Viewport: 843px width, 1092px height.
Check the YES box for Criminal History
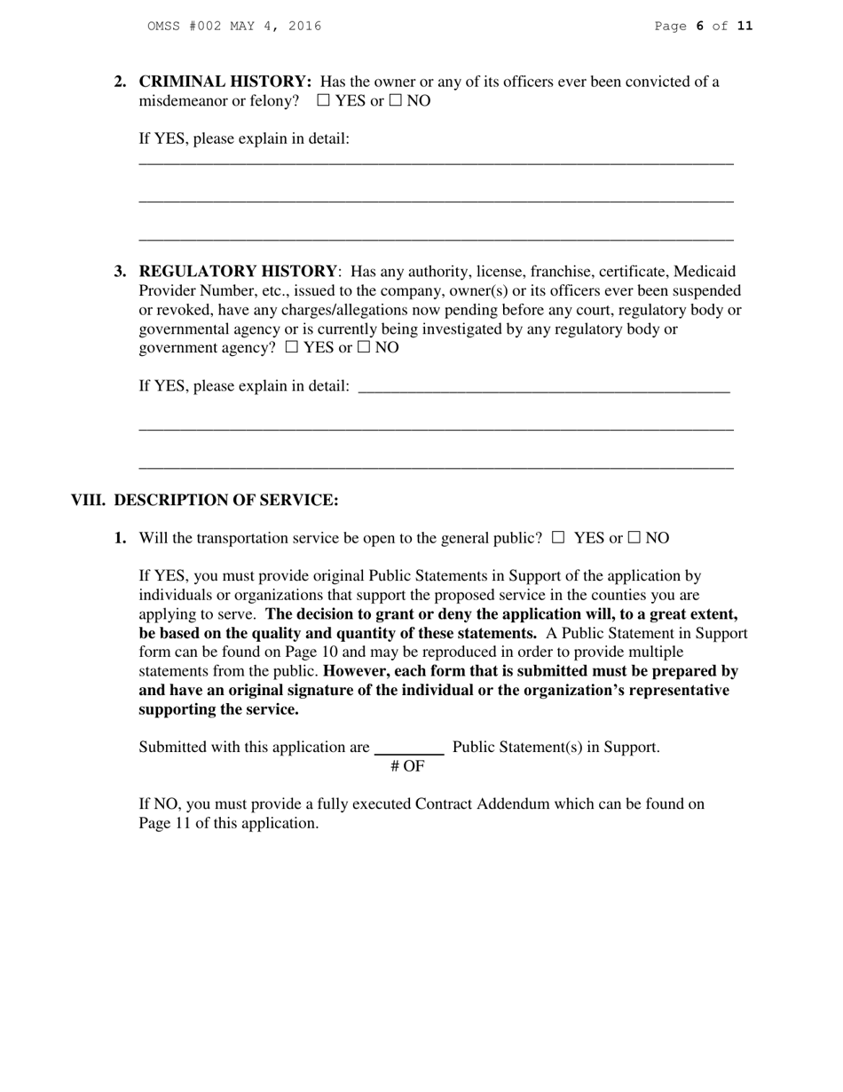tap(323, 101)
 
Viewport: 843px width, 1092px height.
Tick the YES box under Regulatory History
tap(292, 348)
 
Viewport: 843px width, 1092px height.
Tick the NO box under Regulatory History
tap(363, 348)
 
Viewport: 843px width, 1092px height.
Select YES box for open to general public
tap(558, 537)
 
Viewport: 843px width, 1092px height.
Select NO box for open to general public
tap(634, 537)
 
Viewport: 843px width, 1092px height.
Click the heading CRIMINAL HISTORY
tap(225, 82)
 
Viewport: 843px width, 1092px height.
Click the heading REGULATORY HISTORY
tap(238, 272)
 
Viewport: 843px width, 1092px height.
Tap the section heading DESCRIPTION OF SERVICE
tap(225, 501)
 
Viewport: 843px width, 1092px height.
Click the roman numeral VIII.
tap(88, 501)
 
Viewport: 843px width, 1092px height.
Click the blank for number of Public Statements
tap(409, 748)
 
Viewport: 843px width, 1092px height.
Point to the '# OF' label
tap(407, 766)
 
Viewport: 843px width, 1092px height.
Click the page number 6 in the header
tap(699, 27)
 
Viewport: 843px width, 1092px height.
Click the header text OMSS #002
tap(185, 27)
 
